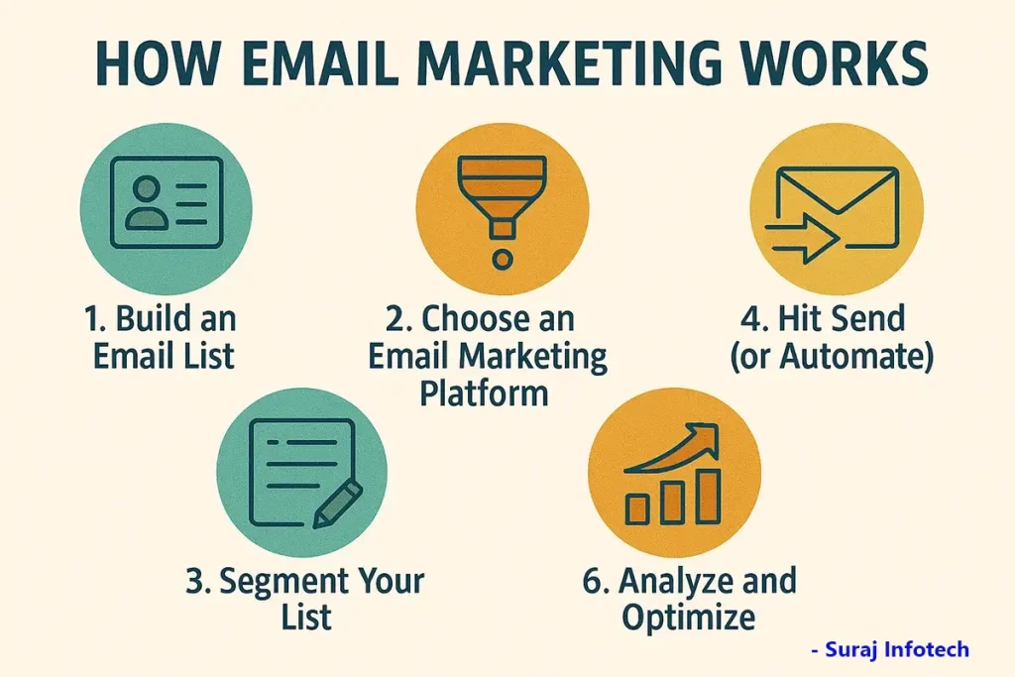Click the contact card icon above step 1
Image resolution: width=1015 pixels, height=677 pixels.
point(167,202)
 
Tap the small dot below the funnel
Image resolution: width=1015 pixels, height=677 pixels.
point(503,260)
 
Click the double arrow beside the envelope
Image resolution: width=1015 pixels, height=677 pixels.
point(803,238)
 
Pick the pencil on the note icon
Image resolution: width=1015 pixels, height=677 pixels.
point(338,504)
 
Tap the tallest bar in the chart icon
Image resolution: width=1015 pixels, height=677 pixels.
point(708,497)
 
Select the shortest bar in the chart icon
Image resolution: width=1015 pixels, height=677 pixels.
point(637,508)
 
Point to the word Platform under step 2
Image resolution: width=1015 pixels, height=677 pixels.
point(484,394)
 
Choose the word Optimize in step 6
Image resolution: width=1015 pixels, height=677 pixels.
point(689,617)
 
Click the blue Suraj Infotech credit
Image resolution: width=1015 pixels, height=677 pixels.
point(890,648)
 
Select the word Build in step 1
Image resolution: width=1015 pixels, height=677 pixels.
point(154,318)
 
